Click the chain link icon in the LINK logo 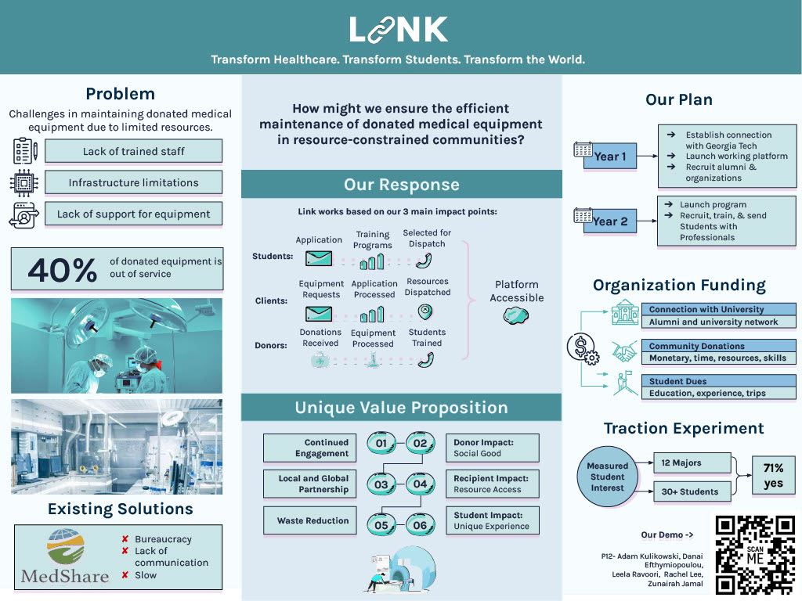point(382,30)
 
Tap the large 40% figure point(63,269)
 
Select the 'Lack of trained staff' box point(133,151)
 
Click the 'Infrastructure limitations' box point(133,182)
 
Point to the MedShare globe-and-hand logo point(66,546)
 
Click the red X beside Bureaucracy point(125,538)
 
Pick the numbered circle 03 point(381,484)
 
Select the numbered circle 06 point(420,525)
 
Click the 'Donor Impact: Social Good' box point(493,448)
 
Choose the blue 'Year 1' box point(610,157)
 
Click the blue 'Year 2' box point(610,221)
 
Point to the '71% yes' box point(773,476)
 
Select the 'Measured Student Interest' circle point(607,477)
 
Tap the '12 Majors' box point(692,463)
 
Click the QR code point(756,555)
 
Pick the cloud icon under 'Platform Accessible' point(515,316)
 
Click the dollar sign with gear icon point(583,348)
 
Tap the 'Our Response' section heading point(402,185)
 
